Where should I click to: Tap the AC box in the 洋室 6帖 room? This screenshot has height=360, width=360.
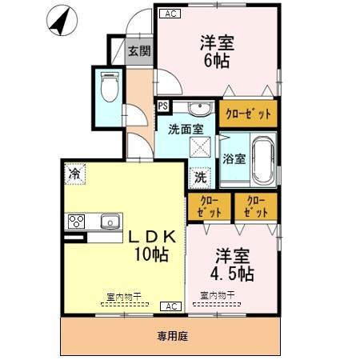tap(170, 14)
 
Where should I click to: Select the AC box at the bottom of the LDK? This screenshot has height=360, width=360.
tap(170, 306)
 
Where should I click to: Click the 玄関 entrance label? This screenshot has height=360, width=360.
tap(139, 51)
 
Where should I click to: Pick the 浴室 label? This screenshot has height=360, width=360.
tap(234, 158)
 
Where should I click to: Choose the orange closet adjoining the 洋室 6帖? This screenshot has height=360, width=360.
tap(248, 114)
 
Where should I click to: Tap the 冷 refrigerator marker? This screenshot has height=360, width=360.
tap(75, 173)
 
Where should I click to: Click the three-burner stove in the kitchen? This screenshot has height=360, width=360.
tap(78, 221)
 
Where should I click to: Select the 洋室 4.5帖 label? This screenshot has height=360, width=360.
tap(234, 265)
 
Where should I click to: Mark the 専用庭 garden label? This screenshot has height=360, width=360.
tap(171, 337)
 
